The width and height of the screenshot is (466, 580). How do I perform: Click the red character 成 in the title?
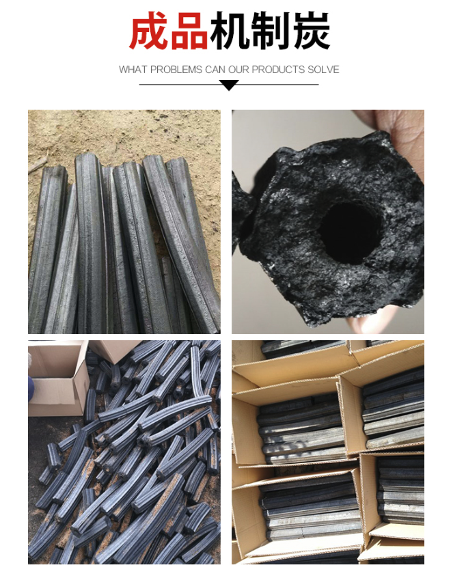click(x=149, y=30)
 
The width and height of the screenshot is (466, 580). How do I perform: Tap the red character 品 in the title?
click(x=189, y=30)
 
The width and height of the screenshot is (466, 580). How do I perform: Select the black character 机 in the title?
click(x=230, y=30)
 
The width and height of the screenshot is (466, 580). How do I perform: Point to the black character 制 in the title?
click(x=270, y=30)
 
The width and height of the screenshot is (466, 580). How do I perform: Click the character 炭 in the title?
click(x=310, y=30)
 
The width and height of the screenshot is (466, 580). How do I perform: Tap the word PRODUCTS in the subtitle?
click(x=273, y=70)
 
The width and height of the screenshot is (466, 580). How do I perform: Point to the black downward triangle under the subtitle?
click(x=229, y=86)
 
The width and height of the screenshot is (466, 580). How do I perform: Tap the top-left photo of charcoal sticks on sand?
click(x=124, y=222)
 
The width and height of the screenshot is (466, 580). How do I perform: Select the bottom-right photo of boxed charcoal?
click(x=328, y=452)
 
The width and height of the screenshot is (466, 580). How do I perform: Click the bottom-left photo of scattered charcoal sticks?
click(x=124, y=452)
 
